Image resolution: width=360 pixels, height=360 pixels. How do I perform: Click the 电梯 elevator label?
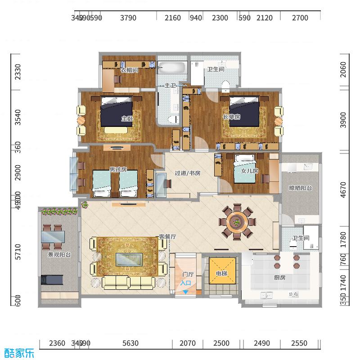coord(221,274)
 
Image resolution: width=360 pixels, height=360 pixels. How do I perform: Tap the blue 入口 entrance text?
coord(186,283)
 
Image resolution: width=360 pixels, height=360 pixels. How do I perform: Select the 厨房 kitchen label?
coord(279,278)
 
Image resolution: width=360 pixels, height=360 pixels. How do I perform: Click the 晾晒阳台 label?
coord(300,188)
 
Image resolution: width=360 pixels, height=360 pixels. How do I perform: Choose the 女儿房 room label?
coord(249,171)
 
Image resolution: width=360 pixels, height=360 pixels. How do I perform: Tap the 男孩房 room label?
coord(118,170)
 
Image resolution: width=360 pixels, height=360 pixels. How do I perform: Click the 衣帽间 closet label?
coord(129,70)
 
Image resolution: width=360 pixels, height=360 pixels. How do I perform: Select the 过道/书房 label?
coord(187,173)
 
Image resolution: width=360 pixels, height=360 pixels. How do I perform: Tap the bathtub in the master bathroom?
coord(172,69)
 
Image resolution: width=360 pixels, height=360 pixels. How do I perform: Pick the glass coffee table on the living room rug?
coord(130,260)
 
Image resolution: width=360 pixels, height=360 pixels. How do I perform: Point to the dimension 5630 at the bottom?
coord(130,343)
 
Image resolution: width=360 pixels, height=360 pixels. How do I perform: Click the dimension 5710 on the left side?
coord(18,252)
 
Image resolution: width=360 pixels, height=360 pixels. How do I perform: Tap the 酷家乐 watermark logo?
coord(19,352)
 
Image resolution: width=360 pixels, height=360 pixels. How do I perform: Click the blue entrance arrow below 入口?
coord(186,292)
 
